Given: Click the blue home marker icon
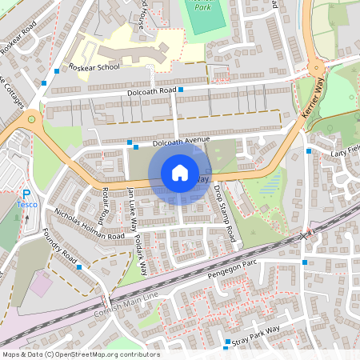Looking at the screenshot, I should pyautogui.click(x=180, y=173).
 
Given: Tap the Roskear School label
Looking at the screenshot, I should pyautogui.click(x=95, y=67).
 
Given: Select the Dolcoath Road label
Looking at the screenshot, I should pyautogui.click(x=151, y=93).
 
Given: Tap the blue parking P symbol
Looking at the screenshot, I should pyautogui.click(x=26, y=194).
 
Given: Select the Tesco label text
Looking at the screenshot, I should pyautogui.click(x=26, y=205).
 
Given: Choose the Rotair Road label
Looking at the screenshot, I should pyautogui.click(x=102, y=204).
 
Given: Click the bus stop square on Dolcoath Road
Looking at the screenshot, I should pyautogui.click(x=181, y=90).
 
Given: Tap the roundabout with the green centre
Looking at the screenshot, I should pyautogui.click(x=33, y=120).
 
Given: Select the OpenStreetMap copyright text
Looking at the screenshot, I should pyautogui.click(x=81, y=354).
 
